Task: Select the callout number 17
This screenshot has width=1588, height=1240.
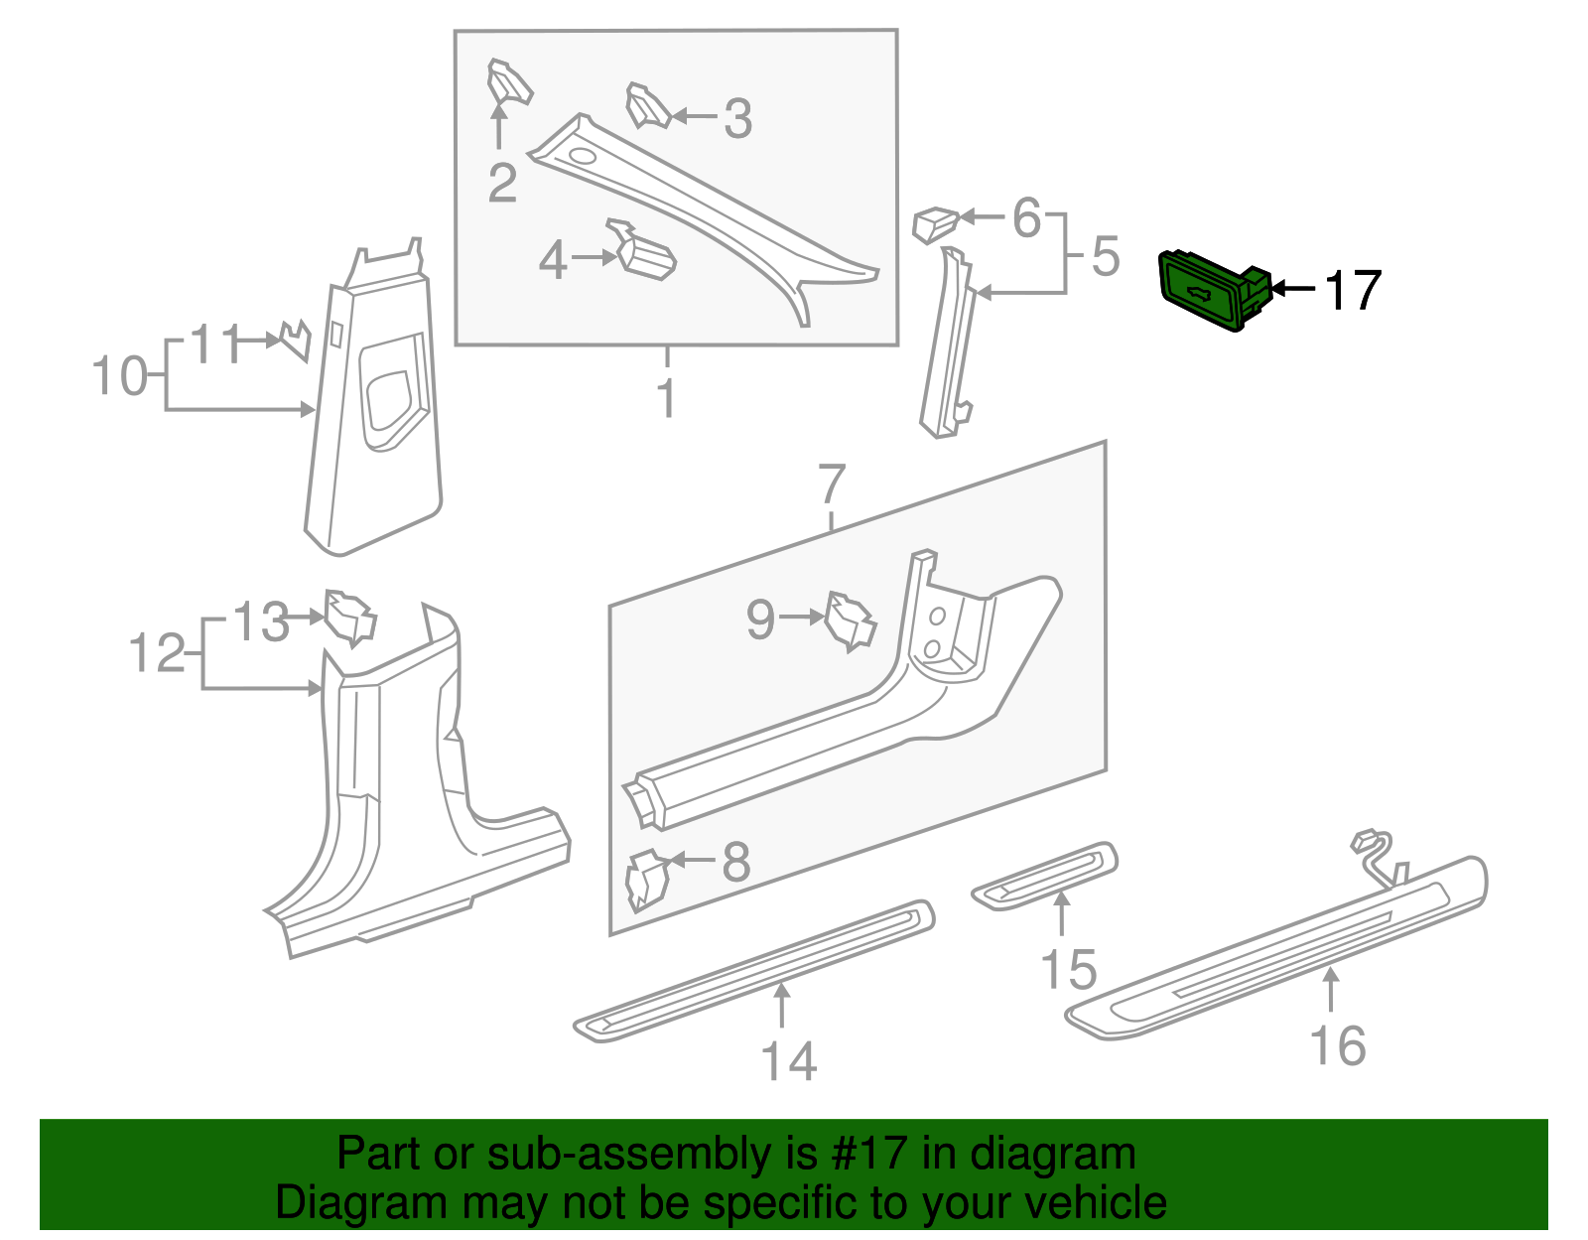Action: (x=1353, y=291)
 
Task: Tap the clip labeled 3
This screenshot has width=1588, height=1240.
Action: (x=648, y=106)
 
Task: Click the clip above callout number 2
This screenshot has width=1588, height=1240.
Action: (x=508, y=83)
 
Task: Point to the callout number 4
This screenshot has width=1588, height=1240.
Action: (x=553, y=260)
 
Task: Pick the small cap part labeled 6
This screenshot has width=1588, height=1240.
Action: (x=934, y=224)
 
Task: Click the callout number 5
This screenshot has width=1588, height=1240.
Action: (x=1106, y=256)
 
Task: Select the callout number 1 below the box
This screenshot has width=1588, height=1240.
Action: (x=667, y=399)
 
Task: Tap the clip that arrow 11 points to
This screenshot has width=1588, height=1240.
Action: (x=296, y=340)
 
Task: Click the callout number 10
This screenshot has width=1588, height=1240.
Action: (x=119, y=377)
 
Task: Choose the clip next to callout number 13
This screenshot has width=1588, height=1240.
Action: (x=350, y=617)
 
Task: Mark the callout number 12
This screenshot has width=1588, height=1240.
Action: (x=157, y=654)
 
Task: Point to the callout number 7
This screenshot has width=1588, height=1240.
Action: (x=832, y=483)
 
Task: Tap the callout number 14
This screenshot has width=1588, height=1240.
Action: (x=789, y=1061)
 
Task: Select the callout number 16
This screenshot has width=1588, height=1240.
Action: (x=1338, y=1046)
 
